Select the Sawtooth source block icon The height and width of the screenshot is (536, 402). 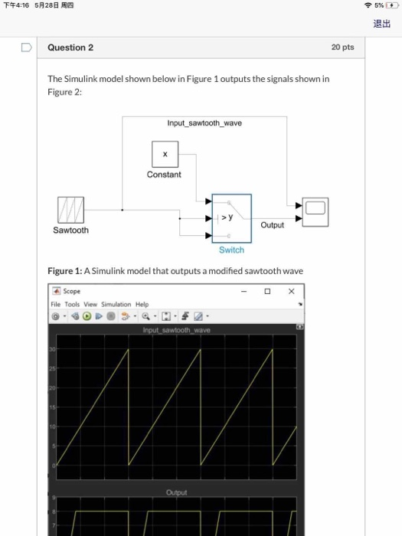(x=70, y=209)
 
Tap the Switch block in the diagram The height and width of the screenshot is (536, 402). (x=231, y=217)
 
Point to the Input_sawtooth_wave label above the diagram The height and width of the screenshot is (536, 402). (x=204, y=123)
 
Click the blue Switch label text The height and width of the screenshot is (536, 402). (x=231, y=250)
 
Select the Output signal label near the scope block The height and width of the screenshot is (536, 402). (x=272, y=225)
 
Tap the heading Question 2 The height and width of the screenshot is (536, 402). (x=70, y=47)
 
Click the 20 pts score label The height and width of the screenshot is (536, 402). (x=342, y=47)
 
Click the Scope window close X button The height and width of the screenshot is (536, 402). (x=291, y=291)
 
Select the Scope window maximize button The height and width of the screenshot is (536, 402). (x=267, y=291)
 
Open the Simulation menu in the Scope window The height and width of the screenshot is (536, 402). (x=116, y=304)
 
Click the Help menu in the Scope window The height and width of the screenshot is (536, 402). (x=142, y=304)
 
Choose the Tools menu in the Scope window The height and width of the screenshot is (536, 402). (x=73, y=304)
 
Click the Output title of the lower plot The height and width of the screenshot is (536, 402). (x=176, y=492)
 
